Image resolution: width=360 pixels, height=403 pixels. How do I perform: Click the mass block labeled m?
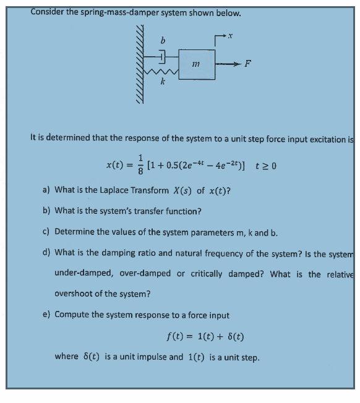coord(197,64)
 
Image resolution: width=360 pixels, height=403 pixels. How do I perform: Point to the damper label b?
coord(163,41)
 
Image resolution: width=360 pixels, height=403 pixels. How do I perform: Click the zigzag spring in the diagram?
coord(162,73)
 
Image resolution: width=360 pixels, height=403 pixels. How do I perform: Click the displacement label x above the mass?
coord(230,38)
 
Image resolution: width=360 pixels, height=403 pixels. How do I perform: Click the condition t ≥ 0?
coord(265,165)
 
